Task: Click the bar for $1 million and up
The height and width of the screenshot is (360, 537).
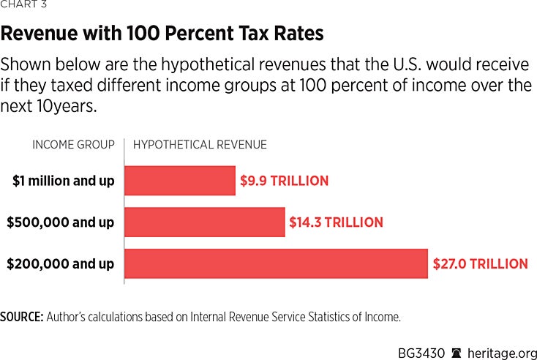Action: (x=180, y=180)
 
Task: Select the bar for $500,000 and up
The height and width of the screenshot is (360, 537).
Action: (x=204, y=222)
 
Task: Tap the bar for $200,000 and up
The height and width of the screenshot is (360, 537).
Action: (x=276, y=263)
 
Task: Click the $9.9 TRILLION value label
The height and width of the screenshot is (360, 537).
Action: (x=285, y=180)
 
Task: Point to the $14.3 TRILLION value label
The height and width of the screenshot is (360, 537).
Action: (x=337, y=222)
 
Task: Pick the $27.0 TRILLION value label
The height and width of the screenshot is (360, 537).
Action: (x=480, y=263)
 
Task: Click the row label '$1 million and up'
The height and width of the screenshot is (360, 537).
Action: (x=64, y=180)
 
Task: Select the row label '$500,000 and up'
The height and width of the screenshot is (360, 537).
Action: (x=61, y=222)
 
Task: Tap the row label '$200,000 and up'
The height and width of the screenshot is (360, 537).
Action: (x=61, y=263)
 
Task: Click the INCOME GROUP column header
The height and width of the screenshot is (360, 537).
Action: (x=73, y=145)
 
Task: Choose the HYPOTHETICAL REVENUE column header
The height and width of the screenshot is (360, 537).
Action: (x=200, y=145)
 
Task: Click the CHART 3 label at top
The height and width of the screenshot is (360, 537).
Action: (x=23, y=7)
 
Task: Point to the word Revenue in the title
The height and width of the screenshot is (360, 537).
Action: (x=41, y=35)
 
